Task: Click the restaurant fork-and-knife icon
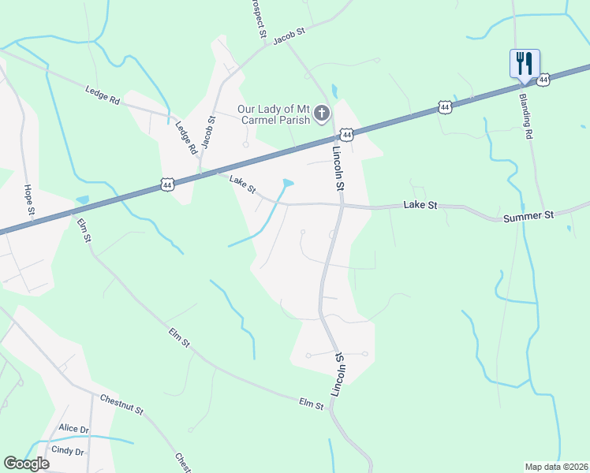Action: click(x=525, y=63)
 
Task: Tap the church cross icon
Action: click(x=321, y=114)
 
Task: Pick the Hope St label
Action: click(x=29, y=200)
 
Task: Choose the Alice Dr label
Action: click(x=73, y=429)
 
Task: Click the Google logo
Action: click(x=26, y=464)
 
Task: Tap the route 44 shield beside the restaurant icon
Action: click(x=543, y=80)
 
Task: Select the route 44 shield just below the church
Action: click(x=346, y=135)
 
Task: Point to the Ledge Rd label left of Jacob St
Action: click(x=103, y=95)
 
